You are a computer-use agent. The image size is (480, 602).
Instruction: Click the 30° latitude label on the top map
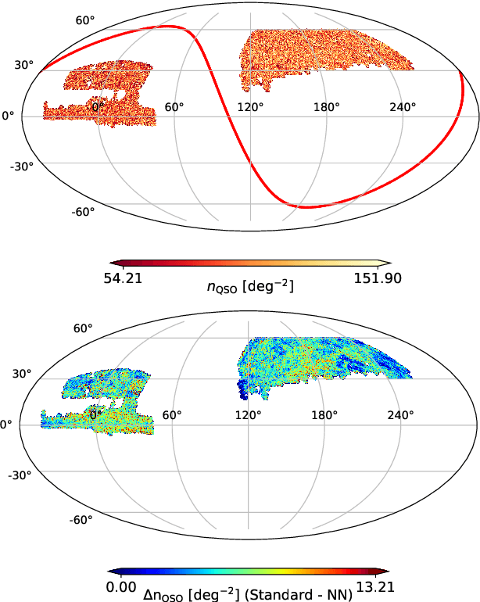[x=24, y=66]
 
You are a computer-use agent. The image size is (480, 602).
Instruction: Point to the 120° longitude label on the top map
[x=250, y=107]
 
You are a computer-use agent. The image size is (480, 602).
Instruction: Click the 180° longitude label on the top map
[x=327, y=107]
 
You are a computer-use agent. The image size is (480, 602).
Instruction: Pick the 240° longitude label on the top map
[x=403, y=107]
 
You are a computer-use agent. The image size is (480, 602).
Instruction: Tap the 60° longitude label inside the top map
[x=174, y=107]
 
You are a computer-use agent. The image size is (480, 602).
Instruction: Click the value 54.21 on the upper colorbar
[x=124, y=278]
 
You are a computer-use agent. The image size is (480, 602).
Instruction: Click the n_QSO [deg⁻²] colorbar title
[x=250, y=287]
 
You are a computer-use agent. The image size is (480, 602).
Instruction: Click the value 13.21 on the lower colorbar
[x=377, y=585]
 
